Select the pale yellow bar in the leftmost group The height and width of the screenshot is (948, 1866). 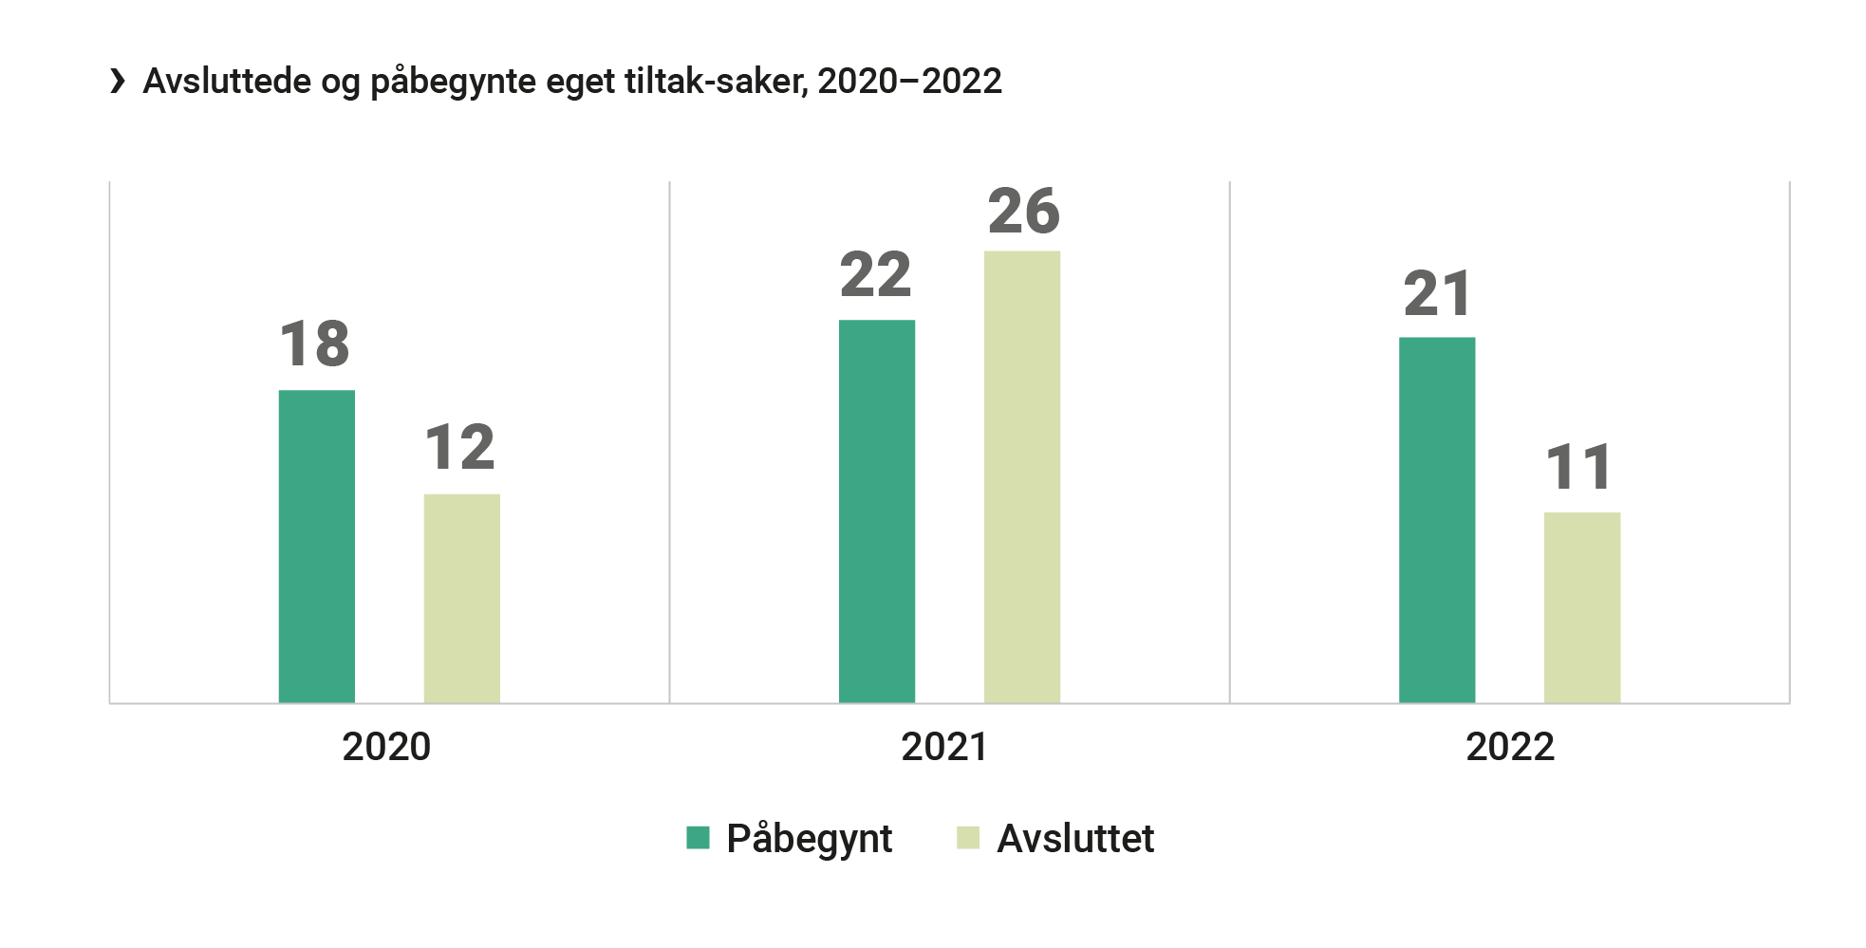pos(486,579)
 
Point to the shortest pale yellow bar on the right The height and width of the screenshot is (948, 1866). pos(1606,588)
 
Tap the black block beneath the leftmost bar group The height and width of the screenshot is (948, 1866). pos(384,807)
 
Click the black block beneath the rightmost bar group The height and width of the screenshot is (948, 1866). pos(1510,807)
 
